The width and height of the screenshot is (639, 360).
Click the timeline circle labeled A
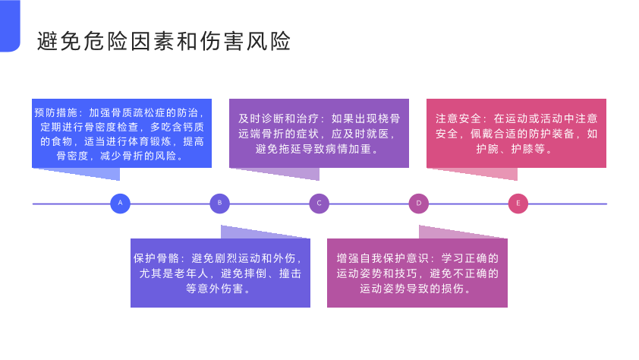120,204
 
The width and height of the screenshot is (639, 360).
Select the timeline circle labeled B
219,204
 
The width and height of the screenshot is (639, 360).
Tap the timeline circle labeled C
319,204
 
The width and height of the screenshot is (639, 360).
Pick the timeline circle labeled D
418,204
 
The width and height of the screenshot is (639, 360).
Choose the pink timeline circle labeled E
518,204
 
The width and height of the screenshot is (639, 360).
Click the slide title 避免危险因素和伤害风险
164,42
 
